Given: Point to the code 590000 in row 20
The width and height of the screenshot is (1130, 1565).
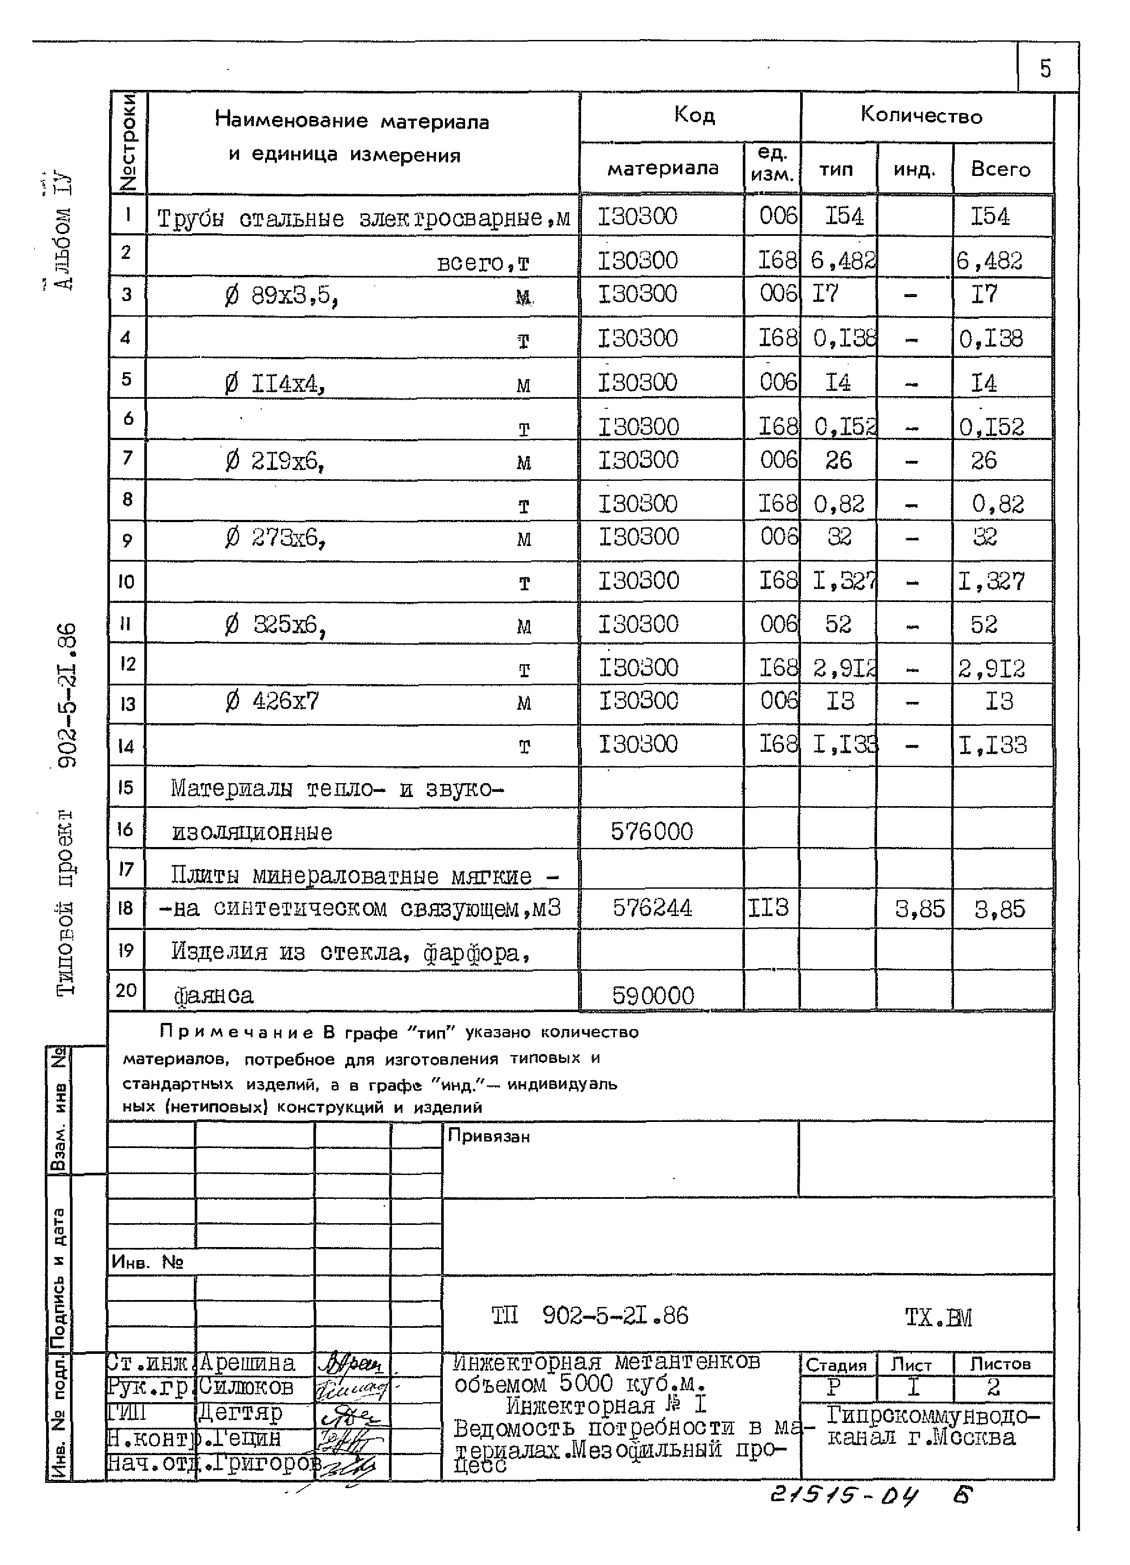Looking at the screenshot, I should point(652,995).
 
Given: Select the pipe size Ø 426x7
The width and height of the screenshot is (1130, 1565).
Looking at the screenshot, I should point(272,702).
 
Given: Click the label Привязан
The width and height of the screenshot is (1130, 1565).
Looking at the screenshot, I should point(489,1136).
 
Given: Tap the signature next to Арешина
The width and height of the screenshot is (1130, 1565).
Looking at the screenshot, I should point(352,1364).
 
